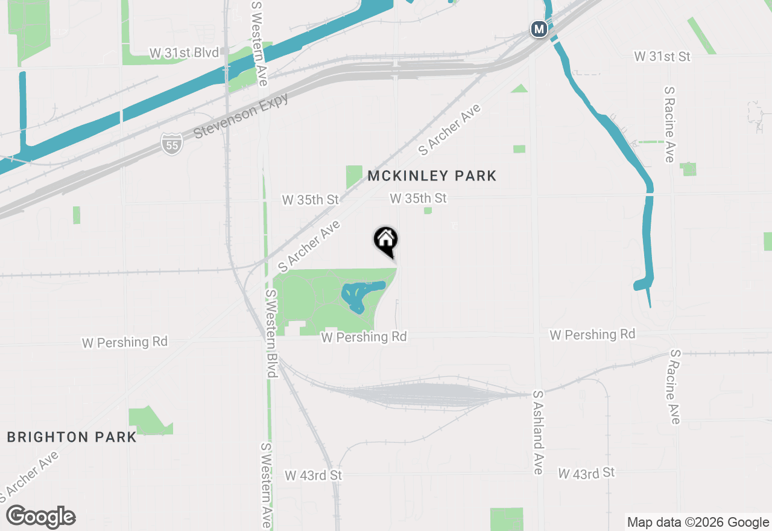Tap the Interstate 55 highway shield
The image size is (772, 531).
(x=172, y=144)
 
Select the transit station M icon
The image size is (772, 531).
(x=539, y=28)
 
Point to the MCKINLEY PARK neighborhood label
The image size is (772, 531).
(x=432, y=176)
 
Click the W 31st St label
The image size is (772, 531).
(x=662, y=56)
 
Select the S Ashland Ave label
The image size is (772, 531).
(x=538, y=433)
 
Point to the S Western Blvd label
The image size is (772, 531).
(x=270, y=334)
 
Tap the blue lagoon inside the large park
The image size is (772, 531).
(x=361, y=294)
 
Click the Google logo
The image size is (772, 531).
(x=41, y=517)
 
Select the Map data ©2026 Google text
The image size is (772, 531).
(x=698, y=523)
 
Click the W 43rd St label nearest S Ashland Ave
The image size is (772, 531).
(x=586, y=472)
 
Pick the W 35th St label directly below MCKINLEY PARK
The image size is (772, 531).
(x=418, y=198)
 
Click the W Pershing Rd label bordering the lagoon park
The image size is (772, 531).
(x=364, y=337)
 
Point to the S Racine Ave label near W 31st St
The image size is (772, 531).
(x=669, y=124)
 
